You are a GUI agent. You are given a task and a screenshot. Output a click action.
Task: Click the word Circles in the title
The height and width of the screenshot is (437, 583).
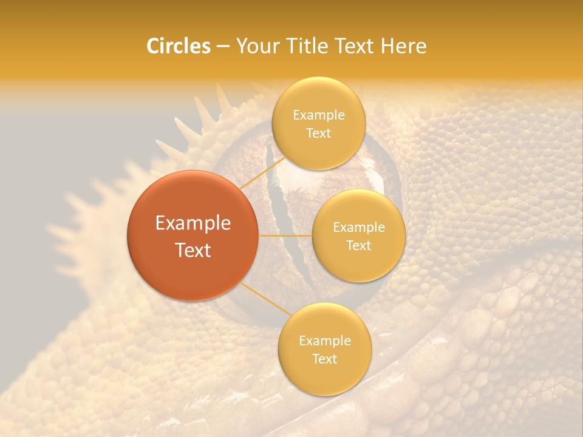(x=179, y=46)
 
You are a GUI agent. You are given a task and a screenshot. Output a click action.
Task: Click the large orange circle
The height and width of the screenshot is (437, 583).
(x=193, y=235)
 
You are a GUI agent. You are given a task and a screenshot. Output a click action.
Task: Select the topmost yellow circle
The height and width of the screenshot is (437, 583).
(x=318, y=123)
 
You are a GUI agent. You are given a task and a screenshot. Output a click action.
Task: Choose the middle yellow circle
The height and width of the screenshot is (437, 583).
(x=358, y=235)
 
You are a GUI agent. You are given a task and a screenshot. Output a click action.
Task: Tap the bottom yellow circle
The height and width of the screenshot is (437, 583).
(x=324, y=349)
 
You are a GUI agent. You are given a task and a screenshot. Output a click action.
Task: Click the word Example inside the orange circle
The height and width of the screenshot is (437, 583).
(x=193, y=223)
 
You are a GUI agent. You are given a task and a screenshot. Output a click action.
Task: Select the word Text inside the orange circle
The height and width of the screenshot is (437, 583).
(x=193, y=250)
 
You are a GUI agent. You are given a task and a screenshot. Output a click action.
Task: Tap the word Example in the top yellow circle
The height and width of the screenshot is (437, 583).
(x=318, y=115)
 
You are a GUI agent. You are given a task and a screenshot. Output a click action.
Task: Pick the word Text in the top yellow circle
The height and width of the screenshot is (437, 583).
(x=318, y=134)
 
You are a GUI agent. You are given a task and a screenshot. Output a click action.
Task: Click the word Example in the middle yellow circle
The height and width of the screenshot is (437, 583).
(x=358, y=228)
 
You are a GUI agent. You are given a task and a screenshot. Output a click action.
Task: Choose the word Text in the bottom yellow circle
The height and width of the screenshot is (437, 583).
(x=324, y=359)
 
